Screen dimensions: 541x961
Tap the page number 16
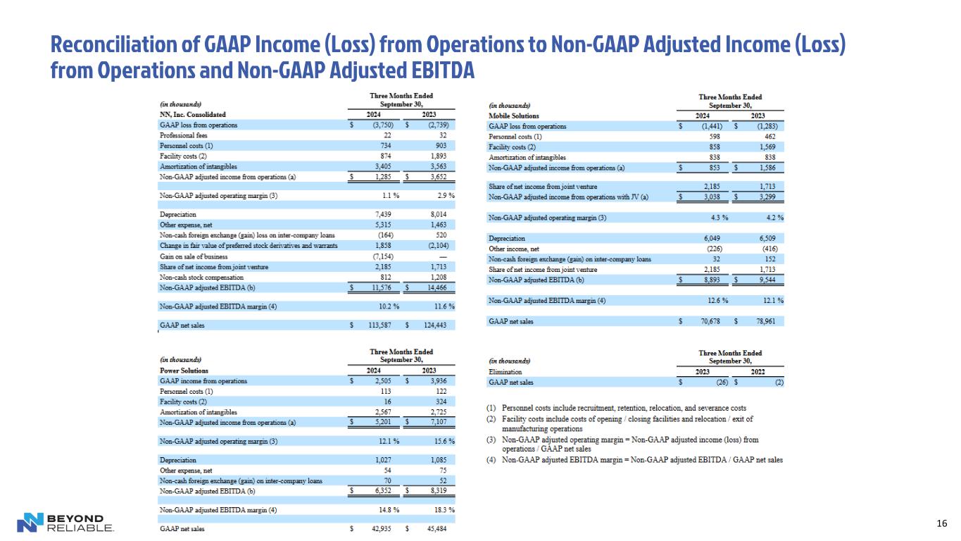tap(942, 523)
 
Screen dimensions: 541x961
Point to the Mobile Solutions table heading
tap(513, 116)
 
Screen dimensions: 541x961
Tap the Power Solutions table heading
tap(184, 370)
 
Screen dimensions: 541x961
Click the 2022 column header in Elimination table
tap(757, 372)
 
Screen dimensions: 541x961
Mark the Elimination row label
tap(505, 372)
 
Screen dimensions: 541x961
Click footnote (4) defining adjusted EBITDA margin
tap(634, 460)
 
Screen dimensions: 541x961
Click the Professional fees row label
tap(185, 135)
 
